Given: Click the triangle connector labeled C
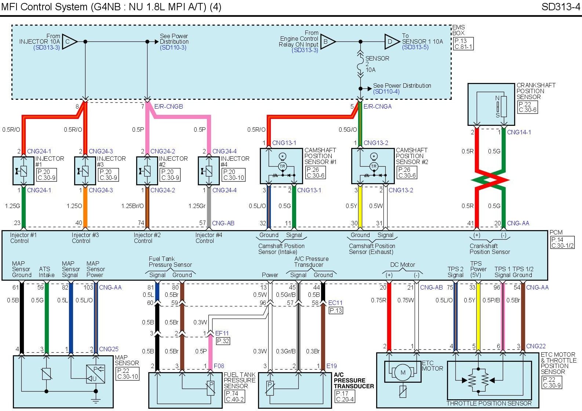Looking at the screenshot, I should [69, 42].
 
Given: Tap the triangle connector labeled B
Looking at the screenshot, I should [327, 42].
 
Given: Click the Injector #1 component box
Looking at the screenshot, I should [23, 171].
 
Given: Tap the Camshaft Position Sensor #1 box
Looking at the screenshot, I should [281, 166].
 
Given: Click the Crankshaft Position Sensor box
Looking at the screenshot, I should [491, 104].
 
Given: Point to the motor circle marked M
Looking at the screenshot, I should [403, 373].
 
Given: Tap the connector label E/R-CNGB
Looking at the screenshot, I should [168, 106].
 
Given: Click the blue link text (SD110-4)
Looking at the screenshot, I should [386, 91].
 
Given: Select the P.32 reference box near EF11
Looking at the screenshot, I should [223, 341].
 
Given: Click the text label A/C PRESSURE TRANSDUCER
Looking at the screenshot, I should [353, 381].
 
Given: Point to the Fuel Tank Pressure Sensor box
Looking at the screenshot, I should [185, 390].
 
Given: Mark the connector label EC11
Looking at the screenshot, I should [335, 303].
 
